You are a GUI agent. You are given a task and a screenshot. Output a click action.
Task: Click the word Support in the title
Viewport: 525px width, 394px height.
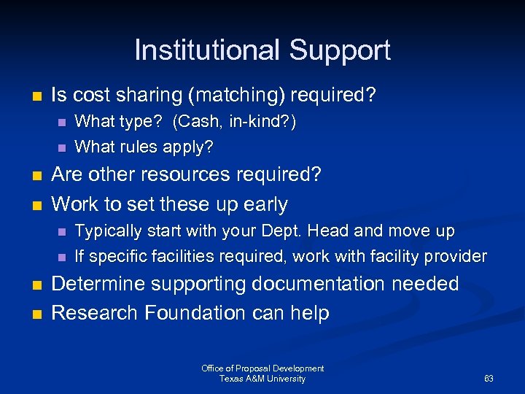[x=340, y=50]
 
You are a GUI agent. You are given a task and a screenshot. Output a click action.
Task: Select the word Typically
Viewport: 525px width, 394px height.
[x=109, y=232]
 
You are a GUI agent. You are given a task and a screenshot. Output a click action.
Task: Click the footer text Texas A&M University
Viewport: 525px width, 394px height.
[x=262, y=379]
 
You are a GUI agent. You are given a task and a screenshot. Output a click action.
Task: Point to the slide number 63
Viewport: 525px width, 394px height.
[x=489, y=379]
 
